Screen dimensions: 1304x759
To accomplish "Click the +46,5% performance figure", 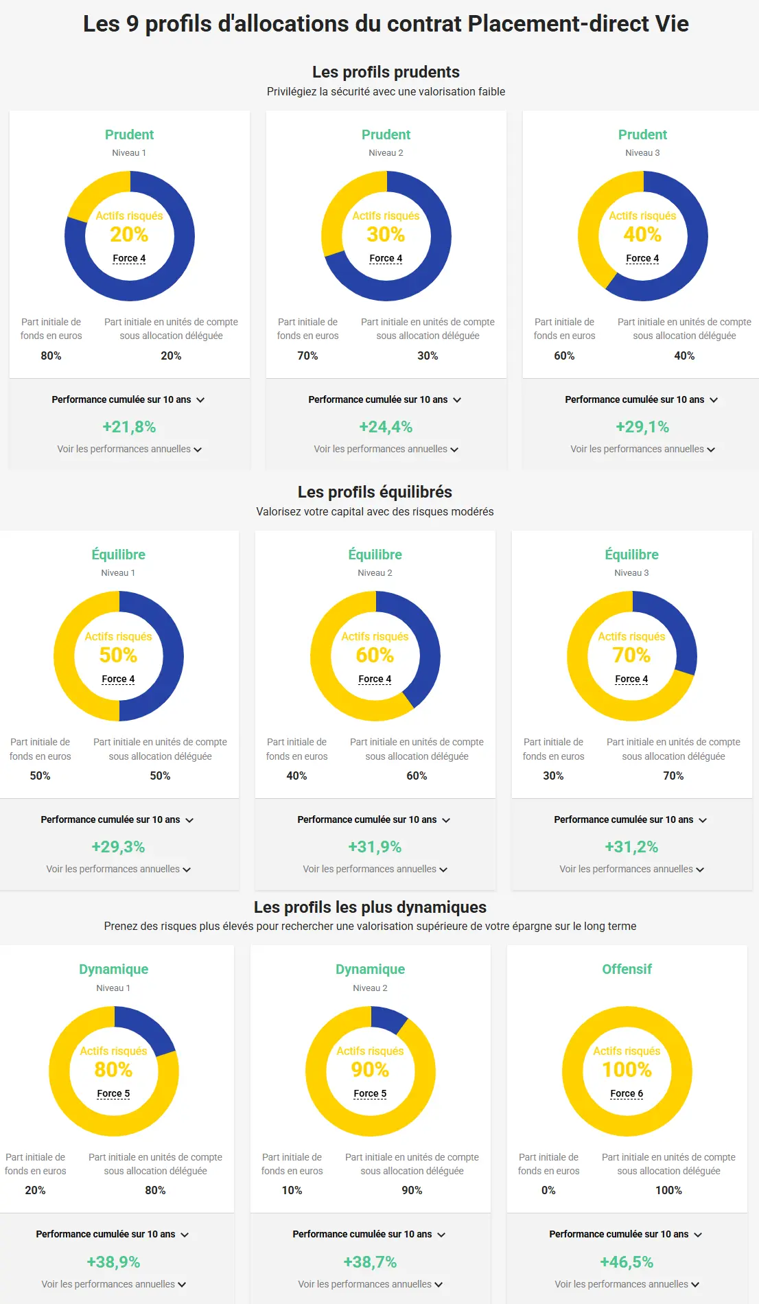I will coord(627,1261).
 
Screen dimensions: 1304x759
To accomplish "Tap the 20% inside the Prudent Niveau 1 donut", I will coord(129,235).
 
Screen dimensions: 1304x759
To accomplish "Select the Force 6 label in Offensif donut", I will coord(627,1093).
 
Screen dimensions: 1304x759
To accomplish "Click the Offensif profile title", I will coord(627,969).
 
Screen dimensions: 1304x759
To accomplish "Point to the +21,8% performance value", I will coord(129,427).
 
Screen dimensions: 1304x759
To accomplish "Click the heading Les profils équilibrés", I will coord(375,492).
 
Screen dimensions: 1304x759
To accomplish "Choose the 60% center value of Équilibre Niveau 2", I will coord(375,655).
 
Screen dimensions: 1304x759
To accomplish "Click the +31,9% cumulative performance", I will coord(375,847).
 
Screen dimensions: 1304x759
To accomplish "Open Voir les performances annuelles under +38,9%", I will coord(113,1284).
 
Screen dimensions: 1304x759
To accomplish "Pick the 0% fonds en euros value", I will coord(548,1190).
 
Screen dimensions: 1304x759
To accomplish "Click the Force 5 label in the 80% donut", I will coord(113,1093).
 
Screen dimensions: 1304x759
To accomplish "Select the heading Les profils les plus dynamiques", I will coord(370,907).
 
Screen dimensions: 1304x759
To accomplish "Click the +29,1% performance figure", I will coord(642,427).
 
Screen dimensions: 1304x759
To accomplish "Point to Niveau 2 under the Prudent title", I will coord(386,153).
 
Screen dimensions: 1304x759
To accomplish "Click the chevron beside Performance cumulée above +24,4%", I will coord(457,400).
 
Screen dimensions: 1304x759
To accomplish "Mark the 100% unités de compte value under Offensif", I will coord(668,1190).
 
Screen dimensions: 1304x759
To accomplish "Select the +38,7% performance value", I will coord(370,1261).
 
